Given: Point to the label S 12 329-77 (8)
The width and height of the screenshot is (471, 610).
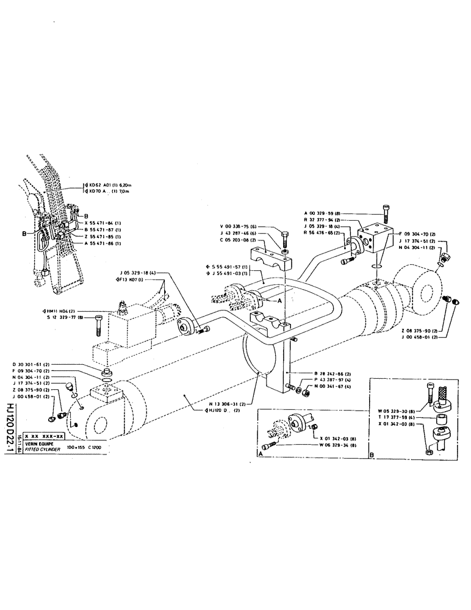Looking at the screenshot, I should (65, 318).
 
